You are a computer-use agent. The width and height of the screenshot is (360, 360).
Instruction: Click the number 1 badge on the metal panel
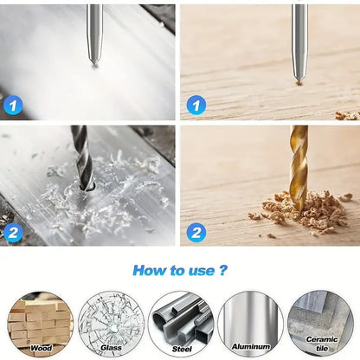pos(15,106)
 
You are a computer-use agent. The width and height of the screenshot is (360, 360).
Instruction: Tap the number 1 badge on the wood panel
pos(196,106)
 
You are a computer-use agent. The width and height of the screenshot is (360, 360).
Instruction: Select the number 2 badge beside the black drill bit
pos(15,232)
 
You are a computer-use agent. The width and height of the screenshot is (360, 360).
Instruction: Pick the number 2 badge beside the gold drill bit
pos(196,232)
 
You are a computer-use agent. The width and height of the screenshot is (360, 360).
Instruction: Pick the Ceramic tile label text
pos(322,344)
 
